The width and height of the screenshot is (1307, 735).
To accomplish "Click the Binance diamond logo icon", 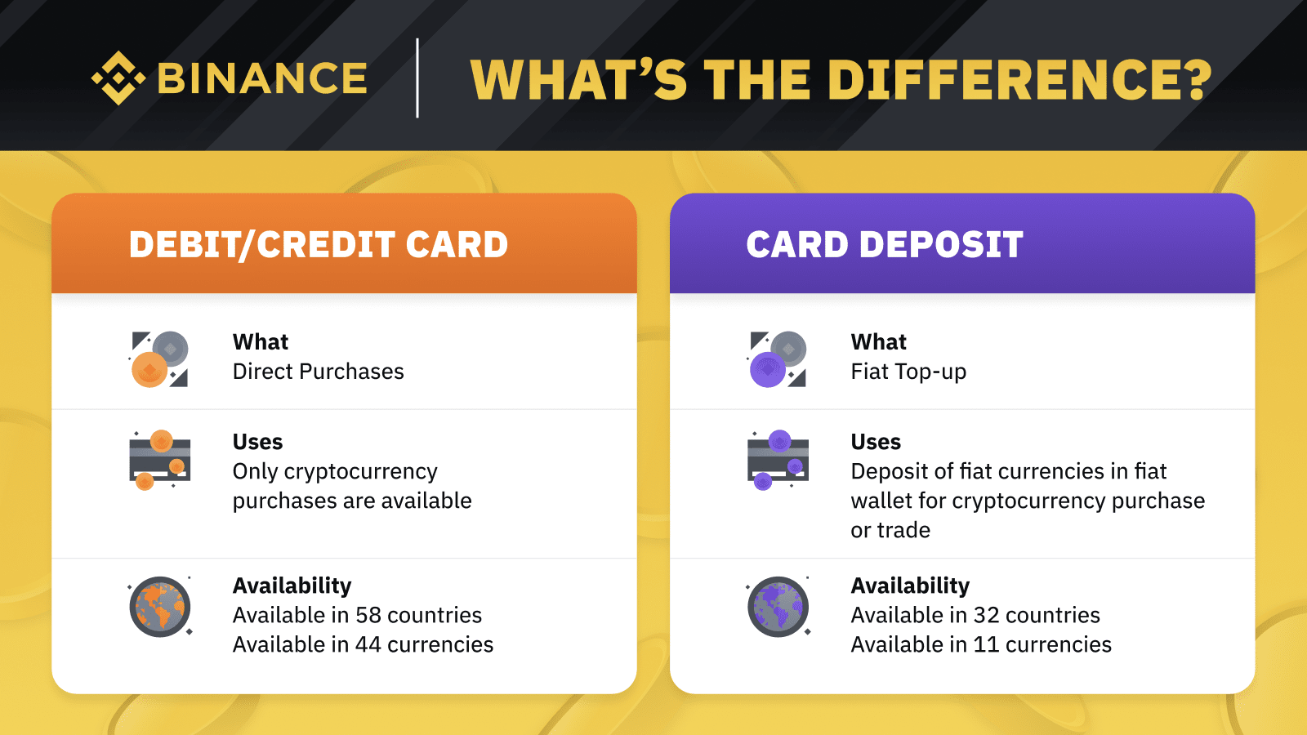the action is coord(118,78).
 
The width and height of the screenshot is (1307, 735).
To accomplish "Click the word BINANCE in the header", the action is coord(262,78).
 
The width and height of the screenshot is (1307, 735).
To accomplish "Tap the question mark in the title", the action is coord(1195,78).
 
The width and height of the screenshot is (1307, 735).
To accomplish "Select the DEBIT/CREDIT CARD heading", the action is coord(319,244).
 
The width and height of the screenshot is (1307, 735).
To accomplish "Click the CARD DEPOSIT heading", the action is coord(885,244).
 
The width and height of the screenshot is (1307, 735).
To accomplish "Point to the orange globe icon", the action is coord(160,607).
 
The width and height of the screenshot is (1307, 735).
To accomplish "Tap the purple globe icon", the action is coord(778,607).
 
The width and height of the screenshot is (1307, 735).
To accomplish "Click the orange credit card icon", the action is coord(160,461).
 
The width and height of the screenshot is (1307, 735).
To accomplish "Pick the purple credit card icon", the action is coord(778,461).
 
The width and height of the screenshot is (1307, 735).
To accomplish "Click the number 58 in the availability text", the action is coord(368,616).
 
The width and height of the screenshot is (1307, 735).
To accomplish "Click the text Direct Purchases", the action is coord(318,372).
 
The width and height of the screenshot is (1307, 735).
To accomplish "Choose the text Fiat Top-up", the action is coord(908,372).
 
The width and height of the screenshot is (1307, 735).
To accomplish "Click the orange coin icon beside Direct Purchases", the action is coord(149,370).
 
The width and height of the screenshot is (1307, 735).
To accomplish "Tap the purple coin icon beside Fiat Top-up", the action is coord(767,370).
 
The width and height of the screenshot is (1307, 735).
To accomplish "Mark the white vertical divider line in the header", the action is coord(417,78).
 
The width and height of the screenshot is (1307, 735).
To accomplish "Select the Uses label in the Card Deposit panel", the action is coord(876,442).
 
